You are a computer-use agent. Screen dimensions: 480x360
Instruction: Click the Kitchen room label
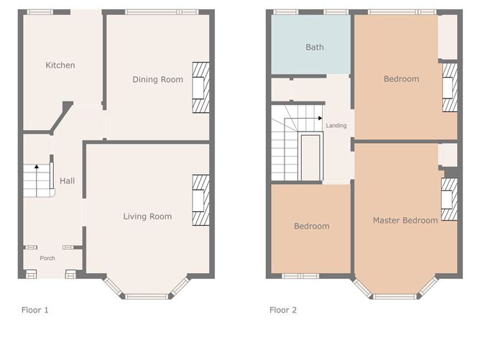click(60, 65)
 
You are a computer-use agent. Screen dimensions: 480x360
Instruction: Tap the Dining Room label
click(157, 80)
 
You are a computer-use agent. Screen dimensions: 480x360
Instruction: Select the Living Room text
click(147, 217)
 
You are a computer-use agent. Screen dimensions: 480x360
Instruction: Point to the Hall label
click(67, 181)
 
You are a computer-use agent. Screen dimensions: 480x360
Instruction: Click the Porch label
click(47, 259)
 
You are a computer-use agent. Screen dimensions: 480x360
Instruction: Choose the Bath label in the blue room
click(315, 47)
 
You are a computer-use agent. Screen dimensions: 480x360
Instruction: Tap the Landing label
click(336, 126)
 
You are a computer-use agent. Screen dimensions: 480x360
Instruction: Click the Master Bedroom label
click(405, 221)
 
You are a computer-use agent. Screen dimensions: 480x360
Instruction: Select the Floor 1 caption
click(35, 310)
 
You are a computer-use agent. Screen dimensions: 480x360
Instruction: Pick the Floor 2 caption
click(283, 310)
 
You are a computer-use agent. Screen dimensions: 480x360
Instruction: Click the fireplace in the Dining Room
click(200, 88)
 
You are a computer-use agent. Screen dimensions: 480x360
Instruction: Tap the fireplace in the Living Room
click(200, 200)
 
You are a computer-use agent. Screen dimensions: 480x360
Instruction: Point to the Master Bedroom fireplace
click(449, 199)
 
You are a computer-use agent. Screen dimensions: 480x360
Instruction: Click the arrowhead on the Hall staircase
click(37, 167)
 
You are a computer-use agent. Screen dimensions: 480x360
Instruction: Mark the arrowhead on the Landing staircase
click(320, 118)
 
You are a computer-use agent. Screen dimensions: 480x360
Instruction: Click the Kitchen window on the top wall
click(40, 12)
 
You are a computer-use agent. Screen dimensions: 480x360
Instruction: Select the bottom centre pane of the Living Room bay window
click(147, 296)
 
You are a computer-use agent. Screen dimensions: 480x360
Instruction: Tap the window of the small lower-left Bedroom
click(300, 276)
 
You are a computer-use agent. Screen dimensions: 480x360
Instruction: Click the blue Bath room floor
click(310, 45)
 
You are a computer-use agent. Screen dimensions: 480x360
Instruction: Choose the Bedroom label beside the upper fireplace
click(402, 79)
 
